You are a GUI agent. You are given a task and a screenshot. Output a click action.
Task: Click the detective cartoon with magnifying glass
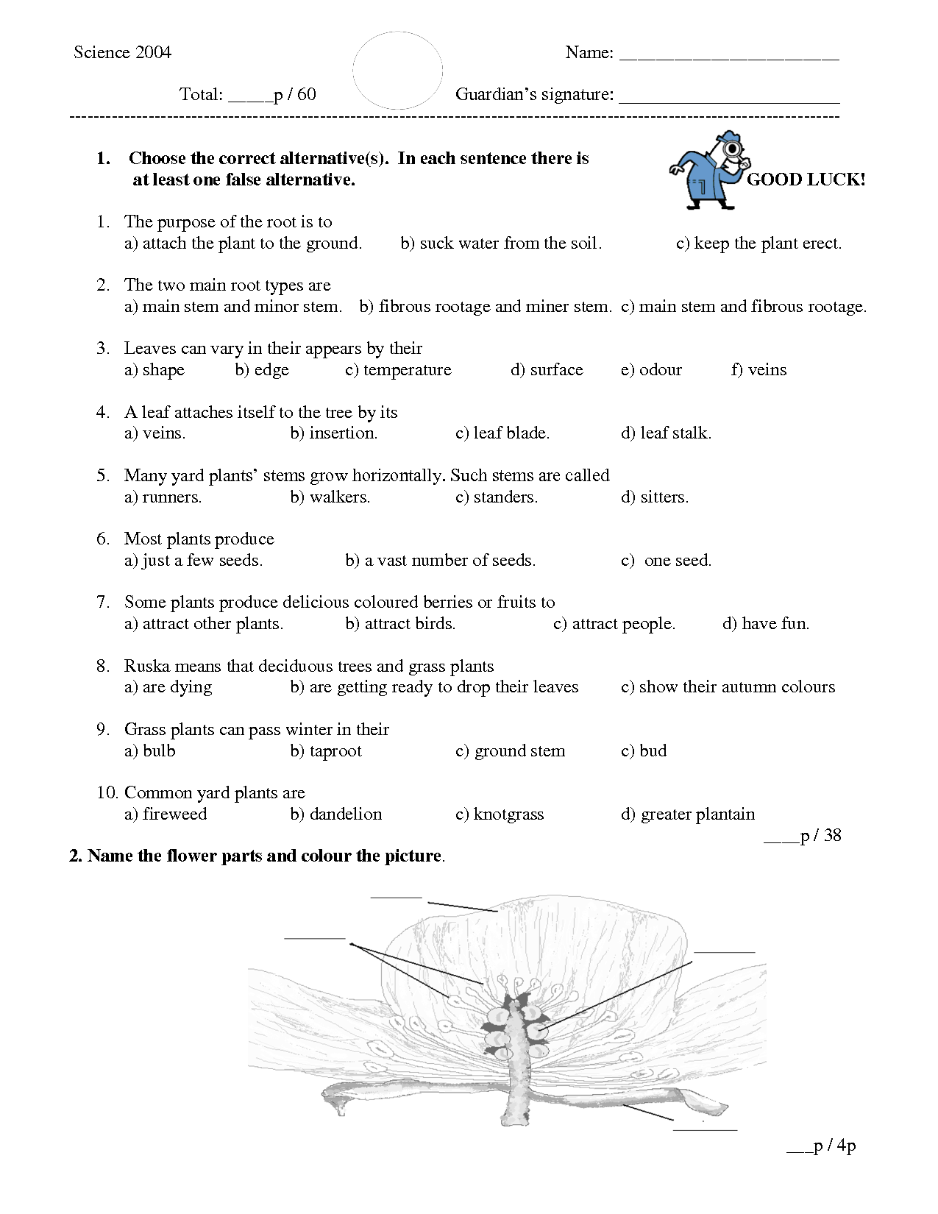[708, 171]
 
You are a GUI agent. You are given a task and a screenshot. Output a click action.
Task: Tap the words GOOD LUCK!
[806, 180]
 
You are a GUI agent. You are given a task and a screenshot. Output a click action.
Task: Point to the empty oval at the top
[397, 71]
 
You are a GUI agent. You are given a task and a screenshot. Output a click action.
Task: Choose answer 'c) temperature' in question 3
[398, 369]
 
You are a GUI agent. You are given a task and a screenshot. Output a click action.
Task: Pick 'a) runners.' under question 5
[163, 497]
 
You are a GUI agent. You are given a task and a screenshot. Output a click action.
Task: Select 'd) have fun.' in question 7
[766, 623]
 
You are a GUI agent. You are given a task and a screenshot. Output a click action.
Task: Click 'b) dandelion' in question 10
[336, 814]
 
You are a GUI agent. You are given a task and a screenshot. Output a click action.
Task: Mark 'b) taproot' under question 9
[326, 750]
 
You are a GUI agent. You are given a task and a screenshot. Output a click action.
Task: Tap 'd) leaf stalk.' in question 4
[666, 433]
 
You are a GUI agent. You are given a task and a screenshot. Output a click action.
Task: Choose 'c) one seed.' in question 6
[666, 560]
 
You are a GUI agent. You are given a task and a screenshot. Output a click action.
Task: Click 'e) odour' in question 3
[651, 369]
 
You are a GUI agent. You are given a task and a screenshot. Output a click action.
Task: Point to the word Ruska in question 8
[146, 666]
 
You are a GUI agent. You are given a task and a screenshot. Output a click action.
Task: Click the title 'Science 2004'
[122, 52]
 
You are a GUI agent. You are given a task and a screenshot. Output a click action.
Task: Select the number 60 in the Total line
[307, 94]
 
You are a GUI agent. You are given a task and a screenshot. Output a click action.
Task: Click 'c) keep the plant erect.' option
[758, 243]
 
